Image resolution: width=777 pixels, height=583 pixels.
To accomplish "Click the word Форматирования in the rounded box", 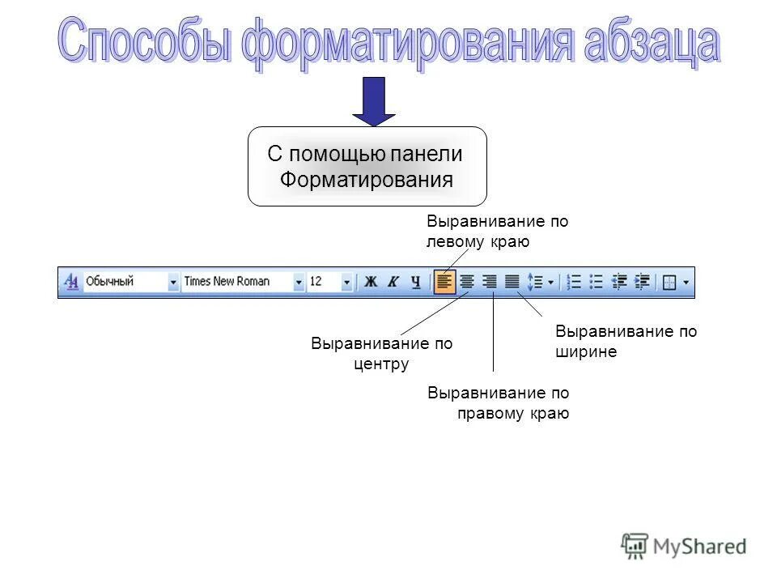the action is pos(367,179).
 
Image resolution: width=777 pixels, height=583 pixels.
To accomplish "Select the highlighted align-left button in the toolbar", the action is pos(444,282).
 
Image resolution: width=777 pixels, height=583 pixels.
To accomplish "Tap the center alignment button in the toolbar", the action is pos(467,282).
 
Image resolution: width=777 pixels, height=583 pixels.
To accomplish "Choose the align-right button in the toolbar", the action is pos(490,282).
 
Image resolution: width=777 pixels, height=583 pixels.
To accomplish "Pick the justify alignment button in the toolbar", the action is pos(512,282).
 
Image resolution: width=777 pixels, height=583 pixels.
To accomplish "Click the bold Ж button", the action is pos(372,282).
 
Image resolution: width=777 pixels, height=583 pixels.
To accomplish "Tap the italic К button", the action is pos(393,282).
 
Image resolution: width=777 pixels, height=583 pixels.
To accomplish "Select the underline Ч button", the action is pos(415,282).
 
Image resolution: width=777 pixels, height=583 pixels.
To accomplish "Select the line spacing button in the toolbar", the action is pos(535,282).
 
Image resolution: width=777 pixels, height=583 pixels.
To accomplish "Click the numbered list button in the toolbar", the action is pos(575,282).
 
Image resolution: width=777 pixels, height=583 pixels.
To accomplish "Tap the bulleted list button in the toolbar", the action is pos(597,282).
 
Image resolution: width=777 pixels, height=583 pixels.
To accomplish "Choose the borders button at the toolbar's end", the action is pos(669,282).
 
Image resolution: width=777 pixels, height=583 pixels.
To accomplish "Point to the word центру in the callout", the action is pos(381,364).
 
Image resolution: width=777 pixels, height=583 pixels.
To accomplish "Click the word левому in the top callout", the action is pos(455,241).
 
